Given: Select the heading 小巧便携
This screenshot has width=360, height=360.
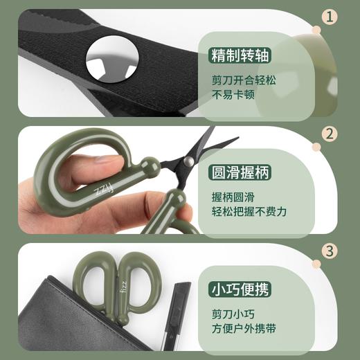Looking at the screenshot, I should pos(240,290).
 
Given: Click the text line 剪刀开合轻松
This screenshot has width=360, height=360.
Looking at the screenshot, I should pos(244,80).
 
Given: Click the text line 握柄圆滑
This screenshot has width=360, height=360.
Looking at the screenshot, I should pos(233,197).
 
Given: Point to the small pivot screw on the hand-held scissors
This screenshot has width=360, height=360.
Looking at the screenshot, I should pos(188,161).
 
